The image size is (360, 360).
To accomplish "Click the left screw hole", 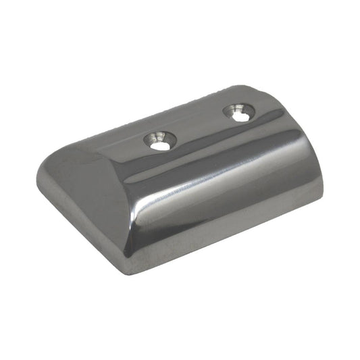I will [159, 144].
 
